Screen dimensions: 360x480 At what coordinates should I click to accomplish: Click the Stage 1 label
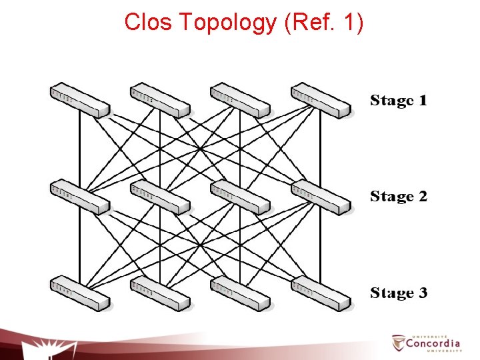click(x=399, y=101)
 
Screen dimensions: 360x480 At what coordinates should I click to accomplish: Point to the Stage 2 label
click(x=399, y=197)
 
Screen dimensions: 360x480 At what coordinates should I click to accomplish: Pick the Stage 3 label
click(x=399, y=293)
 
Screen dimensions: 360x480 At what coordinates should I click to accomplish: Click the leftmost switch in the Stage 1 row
click(x=79, y=100)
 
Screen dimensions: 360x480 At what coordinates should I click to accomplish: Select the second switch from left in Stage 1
click(x=160, y=100)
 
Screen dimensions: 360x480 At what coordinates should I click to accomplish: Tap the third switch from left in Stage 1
click(x=240, y=100)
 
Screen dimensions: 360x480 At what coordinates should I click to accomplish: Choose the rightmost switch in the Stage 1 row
click(x=321, y=100)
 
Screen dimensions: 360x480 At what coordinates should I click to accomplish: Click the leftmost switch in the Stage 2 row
click(x=79, y=197)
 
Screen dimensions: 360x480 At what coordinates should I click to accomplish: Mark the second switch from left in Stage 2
click(x=160, y=197)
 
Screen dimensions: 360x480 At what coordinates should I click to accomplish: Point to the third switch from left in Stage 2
click(x=240, y=197)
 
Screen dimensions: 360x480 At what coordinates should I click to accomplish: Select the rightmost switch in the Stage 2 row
click(x=321, y=197)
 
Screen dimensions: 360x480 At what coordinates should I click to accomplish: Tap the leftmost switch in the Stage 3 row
click(x=79, y=292)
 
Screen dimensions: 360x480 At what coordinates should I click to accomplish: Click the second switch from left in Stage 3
click(x=160, y=292)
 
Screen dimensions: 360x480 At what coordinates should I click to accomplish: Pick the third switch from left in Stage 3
click(x=240, y=292)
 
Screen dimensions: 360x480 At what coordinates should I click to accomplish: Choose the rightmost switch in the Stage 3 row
click(x=321, y=292)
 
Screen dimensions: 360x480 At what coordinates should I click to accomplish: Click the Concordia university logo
click(x=427, y=343)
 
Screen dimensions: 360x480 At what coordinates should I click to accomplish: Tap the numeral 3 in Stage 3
click(x=421, y=293)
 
